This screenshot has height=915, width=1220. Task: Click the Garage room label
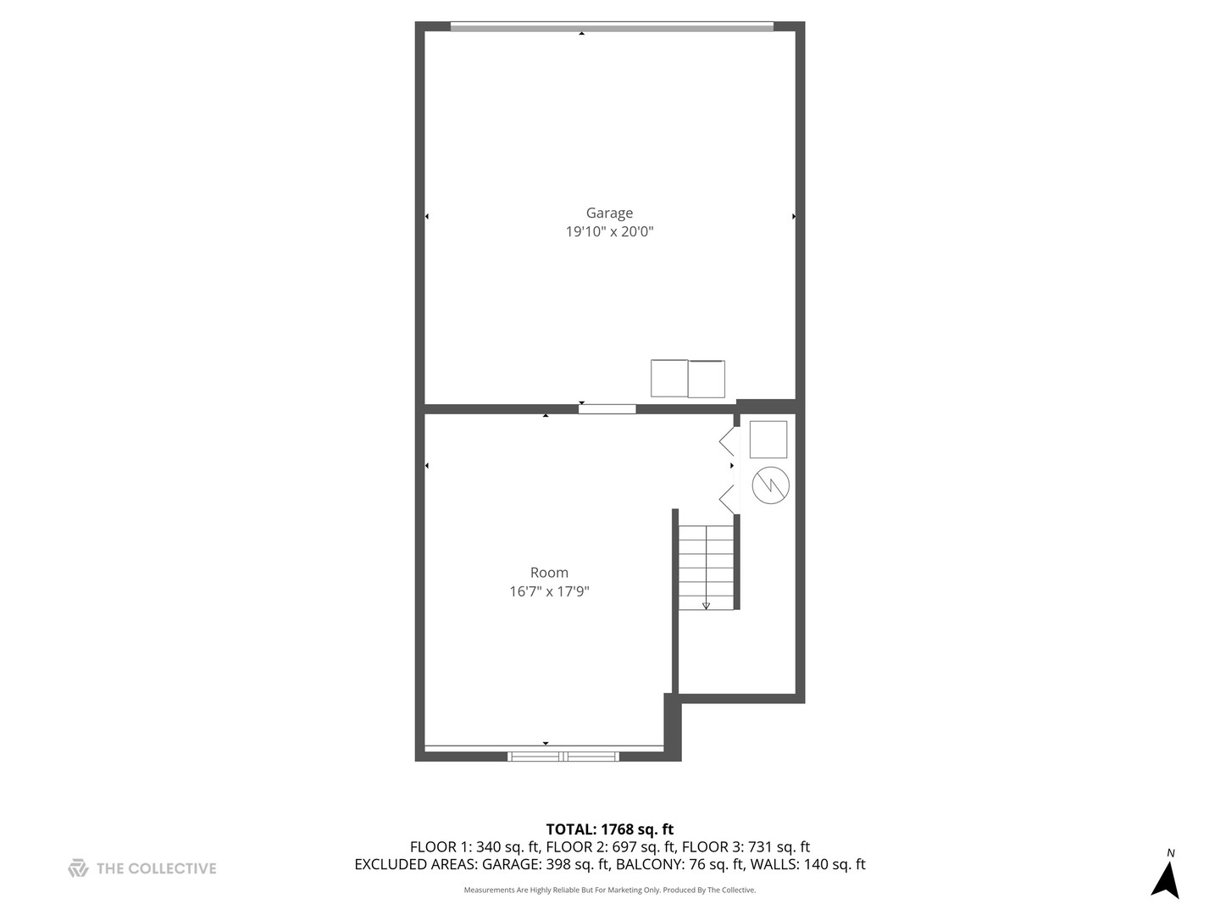(x=609, y=213)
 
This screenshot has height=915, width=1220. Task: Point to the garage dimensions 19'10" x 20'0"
(x=609, y=231)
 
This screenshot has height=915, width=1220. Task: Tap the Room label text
(x=549, y=573)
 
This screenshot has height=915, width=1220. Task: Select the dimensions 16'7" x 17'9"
(x=549, y=591)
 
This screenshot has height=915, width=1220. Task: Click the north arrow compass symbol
(x=1166, y=879)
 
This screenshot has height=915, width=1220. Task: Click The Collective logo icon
(x=78, y=868)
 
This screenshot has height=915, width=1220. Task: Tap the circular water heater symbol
(x=770, y=485)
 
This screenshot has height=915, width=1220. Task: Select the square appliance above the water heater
(x=768, y=440)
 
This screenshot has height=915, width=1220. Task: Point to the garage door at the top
(x=611, y=27)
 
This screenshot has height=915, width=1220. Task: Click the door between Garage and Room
(x=607, y=409)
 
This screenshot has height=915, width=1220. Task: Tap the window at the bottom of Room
(x=563, y=756)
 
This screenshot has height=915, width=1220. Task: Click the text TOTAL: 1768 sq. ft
(x=609, y=829)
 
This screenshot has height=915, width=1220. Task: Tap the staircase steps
(x=706, y=566)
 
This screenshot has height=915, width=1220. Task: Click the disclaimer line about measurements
(x=609, y=890)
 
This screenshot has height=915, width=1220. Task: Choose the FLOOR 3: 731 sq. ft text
(x=746, y=847)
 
